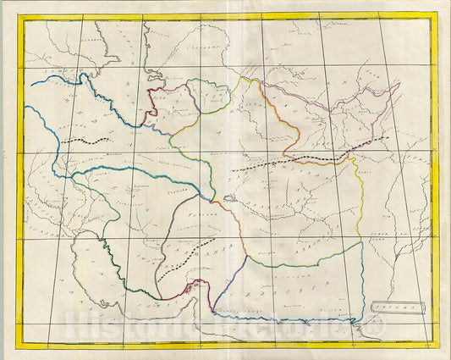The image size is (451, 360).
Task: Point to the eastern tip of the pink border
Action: coord(398,85)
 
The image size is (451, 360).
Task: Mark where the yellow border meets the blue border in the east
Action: coord(363,241)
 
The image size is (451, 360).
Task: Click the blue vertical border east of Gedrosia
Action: coord(365,280)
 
